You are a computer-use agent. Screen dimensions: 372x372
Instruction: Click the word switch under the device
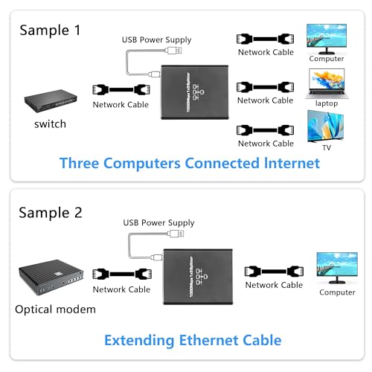(51, 124)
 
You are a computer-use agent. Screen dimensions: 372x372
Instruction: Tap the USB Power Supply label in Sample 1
(158, 39)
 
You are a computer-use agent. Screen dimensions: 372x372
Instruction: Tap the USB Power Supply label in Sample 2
(158, 222)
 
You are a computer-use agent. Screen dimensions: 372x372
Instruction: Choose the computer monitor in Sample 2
(337, 267)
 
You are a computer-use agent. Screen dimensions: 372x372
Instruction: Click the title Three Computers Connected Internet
(190, 163)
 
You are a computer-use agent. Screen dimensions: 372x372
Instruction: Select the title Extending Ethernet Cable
(193, 341)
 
